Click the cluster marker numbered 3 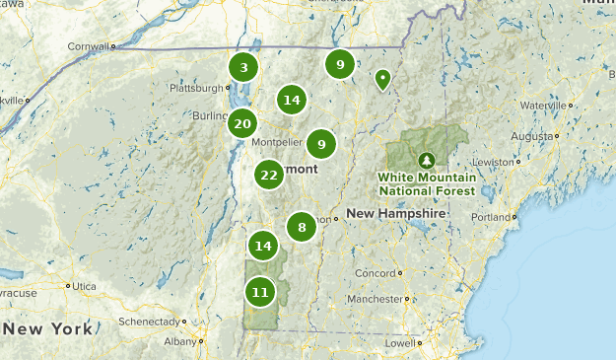pos(243,68)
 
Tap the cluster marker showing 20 pos(242,123)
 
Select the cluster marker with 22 pos(269,176)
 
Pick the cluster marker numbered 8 pos(302,228)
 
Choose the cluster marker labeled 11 pos(259,292)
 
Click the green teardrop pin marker pos(382,79)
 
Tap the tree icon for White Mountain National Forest pos(426,158)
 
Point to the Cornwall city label pos(88,45)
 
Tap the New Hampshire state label pos(396,213)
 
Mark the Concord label pos(376,272)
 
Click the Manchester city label pos(375,298)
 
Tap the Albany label pos(180,341)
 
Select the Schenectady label pos(149,322)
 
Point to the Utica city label pos(83,286)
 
